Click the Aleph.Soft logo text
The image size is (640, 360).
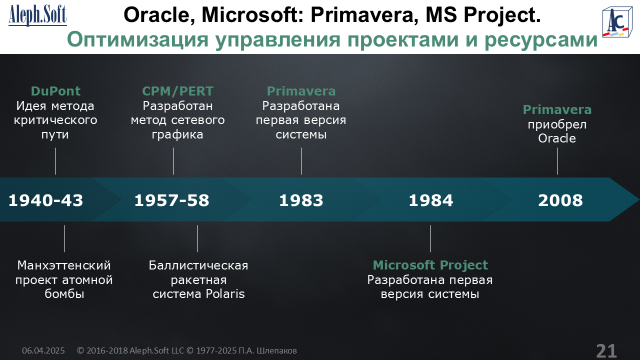tap(37, 15)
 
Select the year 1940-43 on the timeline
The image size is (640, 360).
tap(45, 200)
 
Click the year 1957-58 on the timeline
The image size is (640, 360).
tap(171, 200)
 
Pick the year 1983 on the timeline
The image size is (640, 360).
tap(301, 200)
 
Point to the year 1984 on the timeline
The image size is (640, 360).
tap(431, 200)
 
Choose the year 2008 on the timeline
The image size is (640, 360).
tap(560, 200)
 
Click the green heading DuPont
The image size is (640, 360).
tap(55, 91)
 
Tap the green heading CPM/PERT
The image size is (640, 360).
tap(177, 91)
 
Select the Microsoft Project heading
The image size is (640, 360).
tap(430, 265)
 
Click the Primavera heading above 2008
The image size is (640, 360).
tap(557, 109)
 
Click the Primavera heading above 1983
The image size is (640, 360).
tap(301, 91)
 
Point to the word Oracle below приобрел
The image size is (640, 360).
tap(557, 138)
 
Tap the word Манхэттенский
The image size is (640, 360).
tap(64, 265)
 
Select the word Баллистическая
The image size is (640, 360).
tap(198, 265)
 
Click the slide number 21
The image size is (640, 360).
tap(606, 351)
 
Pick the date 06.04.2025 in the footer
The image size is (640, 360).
tap(43, 350)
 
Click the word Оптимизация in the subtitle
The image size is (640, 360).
tap(137, 39)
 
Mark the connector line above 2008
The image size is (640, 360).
tap(557, 161)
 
